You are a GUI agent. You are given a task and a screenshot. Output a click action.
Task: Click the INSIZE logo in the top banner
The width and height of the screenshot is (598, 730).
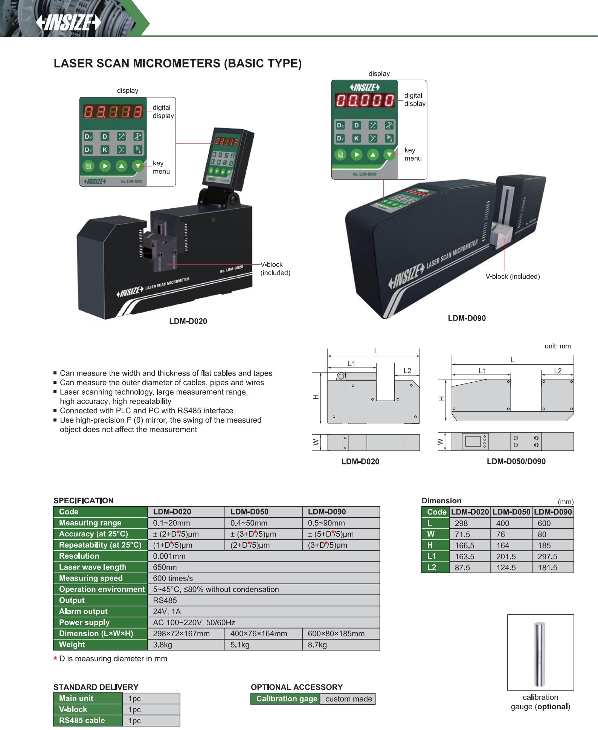tap(69, 23)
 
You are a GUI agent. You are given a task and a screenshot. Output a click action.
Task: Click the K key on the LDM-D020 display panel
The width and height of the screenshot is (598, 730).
tap(105, 150)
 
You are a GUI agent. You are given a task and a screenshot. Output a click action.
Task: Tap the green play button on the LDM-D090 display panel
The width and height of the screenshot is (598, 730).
tap(357, 154)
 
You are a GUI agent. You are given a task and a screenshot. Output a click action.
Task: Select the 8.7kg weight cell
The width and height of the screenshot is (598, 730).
tap(317, 644)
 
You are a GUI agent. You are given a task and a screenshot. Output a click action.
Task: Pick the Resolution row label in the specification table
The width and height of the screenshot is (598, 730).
tap(79, 556)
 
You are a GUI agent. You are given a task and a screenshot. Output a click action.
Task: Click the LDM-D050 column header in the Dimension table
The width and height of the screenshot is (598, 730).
tap(511, 512)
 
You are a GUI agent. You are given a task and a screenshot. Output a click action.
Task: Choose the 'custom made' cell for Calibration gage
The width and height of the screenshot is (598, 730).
tap(348, 699)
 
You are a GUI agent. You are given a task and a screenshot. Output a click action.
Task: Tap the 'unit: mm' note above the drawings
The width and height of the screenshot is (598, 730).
tap(557, 346)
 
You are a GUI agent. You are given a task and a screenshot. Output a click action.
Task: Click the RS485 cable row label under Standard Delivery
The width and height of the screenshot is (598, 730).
tap(82, 720)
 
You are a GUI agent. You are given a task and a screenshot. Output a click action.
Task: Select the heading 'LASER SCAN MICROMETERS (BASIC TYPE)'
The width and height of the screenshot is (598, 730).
tap(177, 63)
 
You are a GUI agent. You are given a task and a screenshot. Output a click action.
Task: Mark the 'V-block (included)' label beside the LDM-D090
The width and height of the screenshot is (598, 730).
tap(512, 276)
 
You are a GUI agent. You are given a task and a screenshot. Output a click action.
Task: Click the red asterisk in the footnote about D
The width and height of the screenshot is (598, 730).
tap(55, 659)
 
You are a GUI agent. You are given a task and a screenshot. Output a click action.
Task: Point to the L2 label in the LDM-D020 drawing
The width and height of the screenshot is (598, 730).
tap(407, 371)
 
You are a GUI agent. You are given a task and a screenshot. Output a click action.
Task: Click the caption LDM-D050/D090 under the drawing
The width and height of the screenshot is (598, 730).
tap(516, 461)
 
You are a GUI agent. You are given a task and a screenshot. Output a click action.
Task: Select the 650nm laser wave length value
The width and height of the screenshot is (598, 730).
tap(165, 567)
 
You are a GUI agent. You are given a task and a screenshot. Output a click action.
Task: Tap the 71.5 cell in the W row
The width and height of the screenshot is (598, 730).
tap(462, 534)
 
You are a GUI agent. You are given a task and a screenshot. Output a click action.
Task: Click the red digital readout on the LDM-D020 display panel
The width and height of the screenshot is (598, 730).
tap(113, 112)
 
